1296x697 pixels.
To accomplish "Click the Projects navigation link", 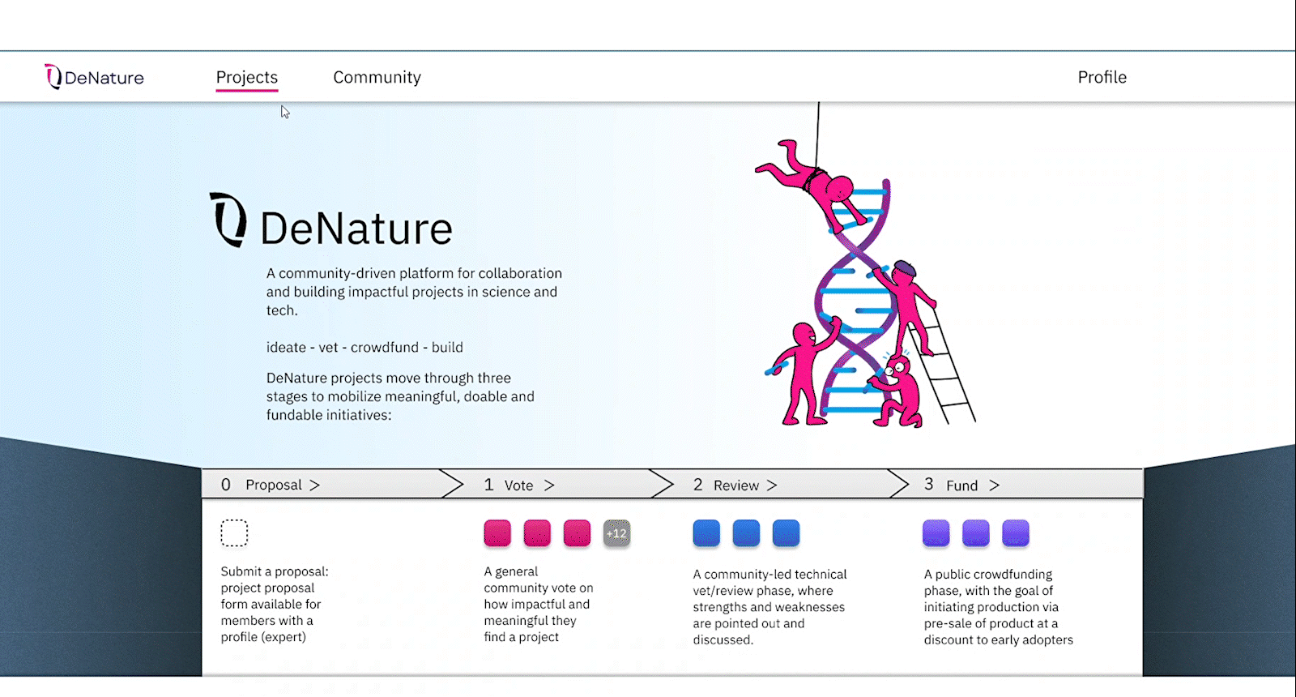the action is click(x=246, y=78).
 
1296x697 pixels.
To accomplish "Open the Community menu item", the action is click(x=377, y=78).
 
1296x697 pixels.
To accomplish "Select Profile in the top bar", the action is click(x=1102, y=78).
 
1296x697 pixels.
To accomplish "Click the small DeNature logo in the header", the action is click(x=94, y=77).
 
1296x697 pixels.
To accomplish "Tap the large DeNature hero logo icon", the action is click(x=228, y=219).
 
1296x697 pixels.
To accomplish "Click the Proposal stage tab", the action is click(x=273, y=485).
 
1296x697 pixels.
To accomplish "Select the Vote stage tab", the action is click(x=518, y=485).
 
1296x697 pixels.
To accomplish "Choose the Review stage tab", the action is click(x=735, y=485).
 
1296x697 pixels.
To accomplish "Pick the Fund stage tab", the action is click(x=961, y=485).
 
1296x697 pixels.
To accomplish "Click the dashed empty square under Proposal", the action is click(x=234, y=532).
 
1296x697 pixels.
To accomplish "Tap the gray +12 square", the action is click(x=616, y=533).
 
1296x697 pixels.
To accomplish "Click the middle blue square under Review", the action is click(x=746, y=533).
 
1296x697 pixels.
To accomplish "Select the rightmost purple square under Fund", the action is click(x=1015, y=533).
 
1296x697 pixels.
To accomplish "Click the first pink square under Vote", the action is click(x=497, y=533).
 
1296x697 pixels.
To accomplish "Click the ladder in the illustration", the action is click(x=948, y=373).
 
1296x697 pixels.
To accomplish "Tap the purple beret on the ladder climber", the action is click(x=904, y=267).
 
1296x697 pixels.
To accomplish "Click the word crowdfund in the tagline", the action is click(x=385, y=348).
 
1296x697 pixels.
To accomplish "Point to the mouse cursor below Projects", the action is click(x=284, y=111).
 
